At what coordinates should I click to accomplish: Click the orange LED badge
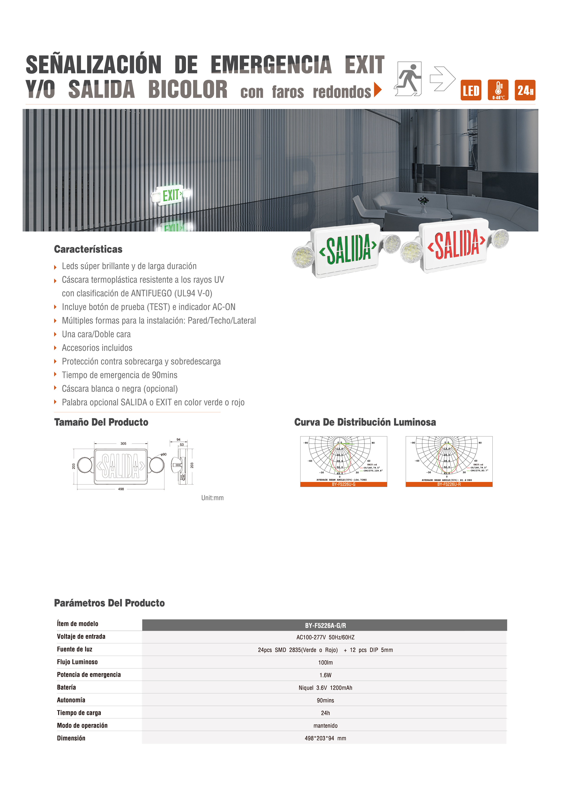[471, 90]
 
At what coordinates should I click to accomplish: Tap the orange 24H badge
[525, 90]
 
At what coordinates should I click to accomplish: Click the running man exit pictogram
[409, 79]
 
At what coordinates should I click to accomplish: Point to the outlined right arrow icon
[442, 79]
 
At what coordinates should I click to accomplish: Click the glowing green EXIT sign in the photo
[171, 195]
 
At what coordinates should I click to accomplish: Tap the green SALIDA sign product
[347, 249]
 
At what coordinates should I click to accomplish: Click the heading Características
[88, 249]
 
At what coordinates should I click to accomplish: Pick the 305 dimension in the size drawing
[124, 444]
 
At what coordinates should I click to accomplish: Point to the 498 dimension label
[121, 489]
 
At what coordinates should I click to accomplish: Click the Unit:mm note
[212, 498]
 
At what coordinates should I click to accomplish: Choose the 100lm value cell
[325, 662]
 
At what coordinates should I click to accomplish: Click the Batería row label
[66, 687]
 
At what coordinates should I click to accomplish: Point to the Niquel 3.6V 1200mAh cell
[325, 688]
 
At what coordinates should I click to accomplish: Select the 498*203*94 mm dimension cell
[325, 738]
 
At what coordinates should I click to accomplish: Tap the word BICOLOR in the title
[188, 90]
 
